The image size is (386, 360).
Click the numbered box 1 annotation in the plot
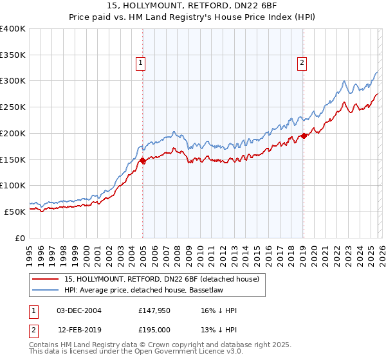click(x=140, y=62)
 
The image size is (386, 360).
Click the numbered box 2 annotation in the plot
click(x=301, y=62)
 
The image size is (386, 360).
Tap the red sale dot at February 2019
click(x=304, y=136)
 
